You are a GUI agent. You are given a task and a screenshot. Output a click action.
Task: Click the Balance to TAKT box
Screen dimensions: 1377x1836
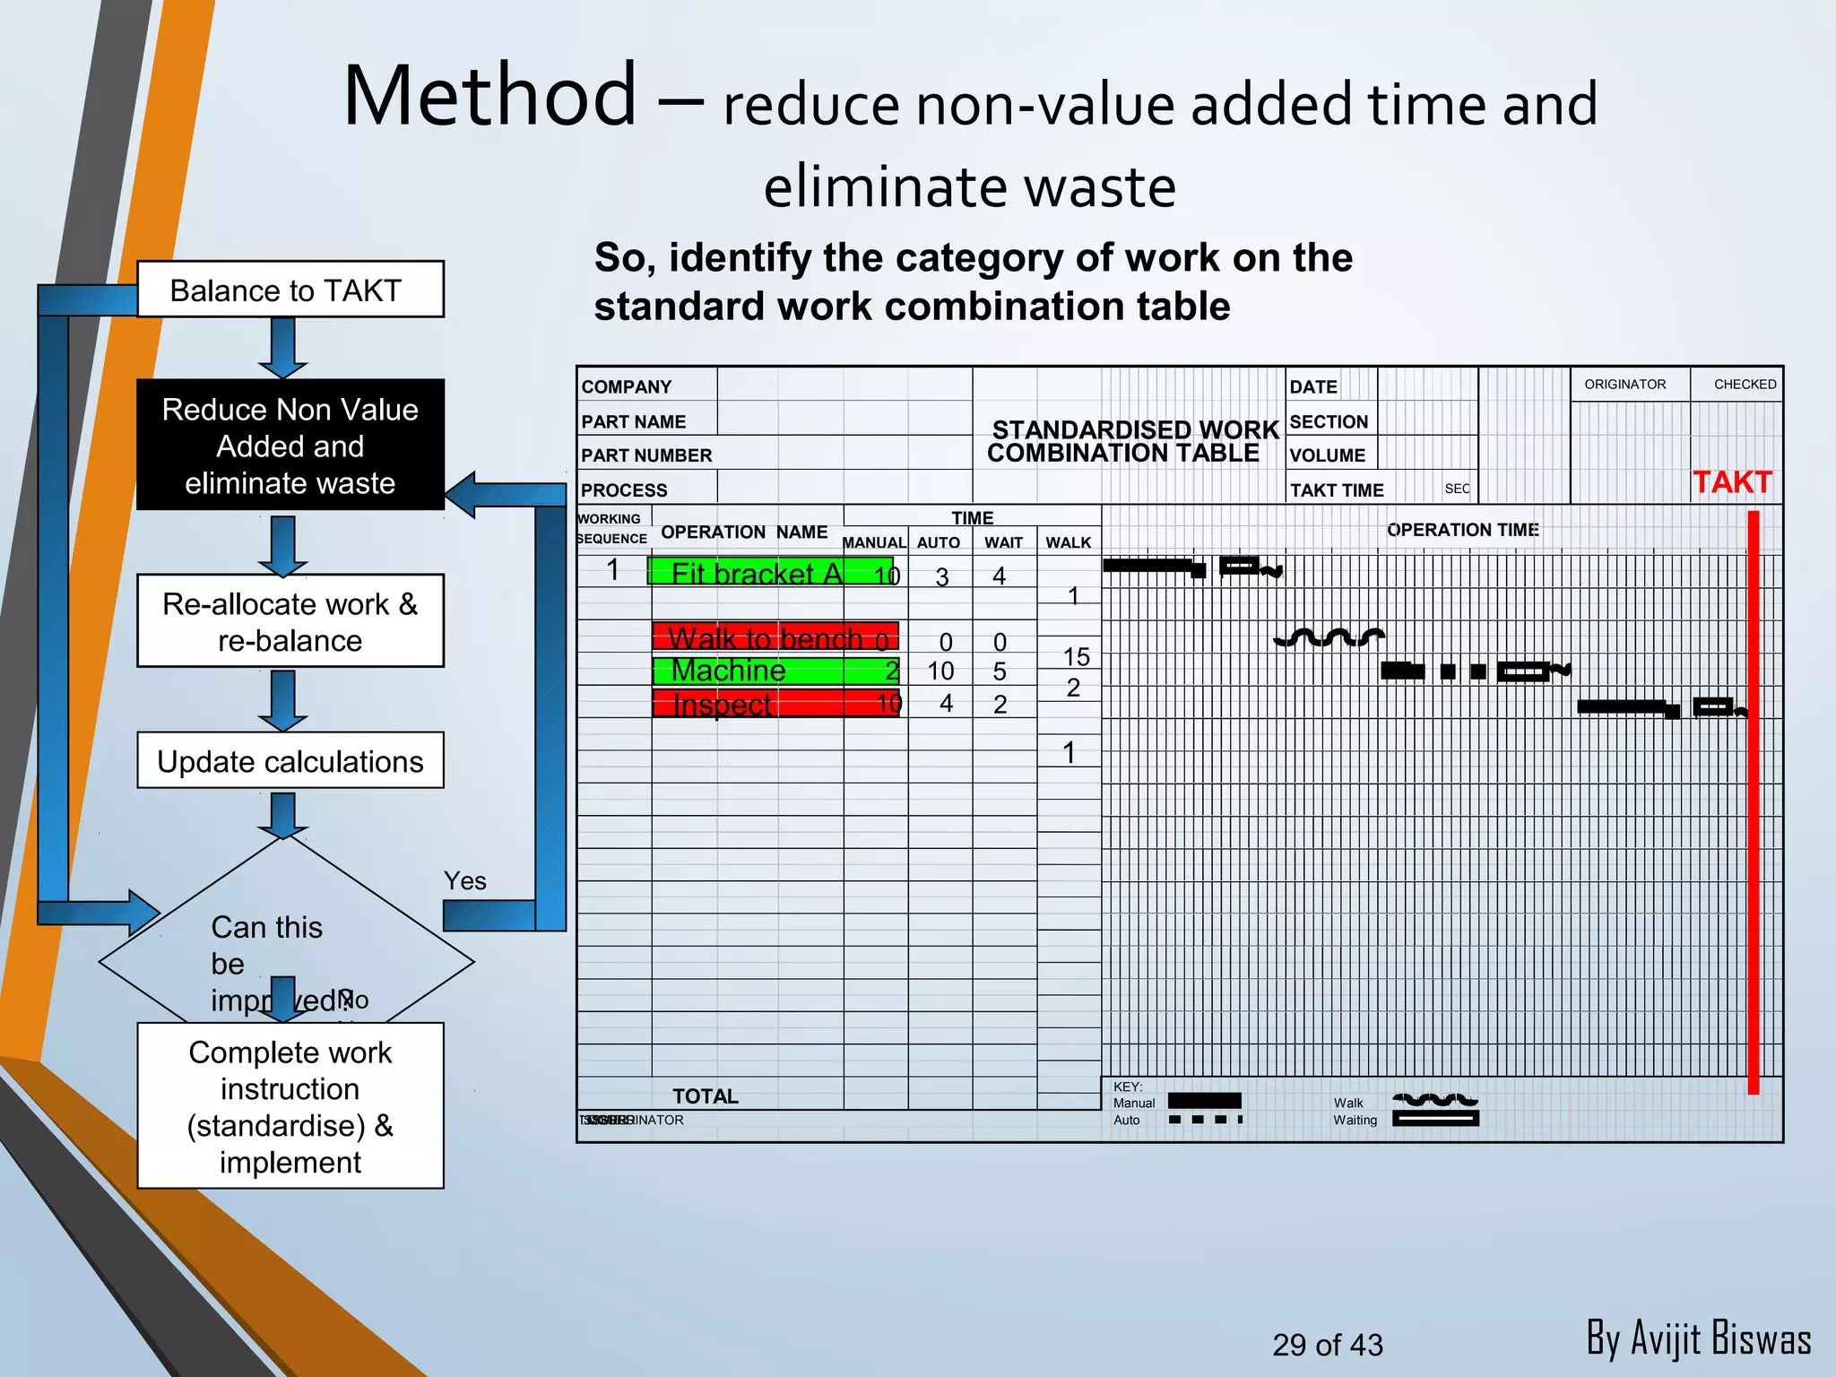(290, 290)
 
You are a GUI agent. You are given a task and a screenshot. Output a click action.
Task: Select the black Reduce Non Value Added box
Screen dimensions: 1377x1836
(290, 446)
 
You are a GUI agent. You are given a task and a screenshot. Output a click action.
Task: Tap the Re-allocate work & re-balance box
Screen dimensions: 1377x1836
(290, 621)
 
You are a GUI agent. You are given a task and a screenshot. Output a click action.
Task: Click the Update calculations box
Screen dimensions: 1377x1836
(290, 761)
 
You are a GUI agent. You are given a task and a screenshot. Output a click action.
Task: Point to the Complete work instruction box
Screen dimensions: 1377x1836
(290, 1106)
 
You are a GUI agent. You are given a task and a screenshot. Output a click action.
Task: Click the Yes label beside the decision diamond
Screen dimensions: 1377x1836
(464, 880)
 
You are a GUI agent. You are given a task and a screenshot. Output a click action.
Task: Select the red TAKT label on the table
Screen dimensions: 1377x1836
(1731, 482)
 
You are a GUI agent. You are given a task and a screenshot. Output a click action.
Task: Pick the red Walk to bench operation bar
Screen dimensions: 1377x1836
(775, 637)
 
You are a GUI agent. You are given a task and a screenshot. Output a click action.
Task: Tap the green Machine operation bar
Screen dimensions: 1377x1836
(775, 671)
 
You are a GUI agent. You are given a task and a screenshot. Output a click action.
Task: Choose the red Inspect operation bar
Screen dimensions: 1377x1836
(775, 704)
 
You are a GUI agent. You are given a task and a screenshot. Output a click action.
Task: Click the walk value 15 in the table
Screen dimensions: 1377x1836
(1076, 656)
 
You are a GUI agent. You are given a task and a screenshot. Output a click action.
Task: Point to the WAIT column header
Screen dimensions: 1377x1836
(1003, 542)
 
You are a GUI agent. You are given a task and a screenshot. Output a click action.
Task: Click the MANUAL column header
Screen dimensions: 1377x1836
(874, 542)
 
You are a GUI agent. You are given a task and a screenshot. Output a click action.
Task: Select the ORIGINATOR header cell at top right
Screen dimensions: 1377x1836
(1624, 385)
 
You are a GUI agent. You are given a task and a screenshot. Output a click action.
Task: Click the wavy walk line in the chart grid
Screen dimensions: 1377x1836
(1329, 637)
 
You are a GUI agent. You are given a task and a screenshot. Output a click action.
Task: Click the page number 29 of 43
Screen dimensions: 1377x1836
(1327, 1345)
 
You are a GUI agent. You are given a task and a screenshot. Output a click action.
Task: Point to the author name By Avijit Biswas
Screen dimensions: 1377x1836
(1698, 1338)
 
